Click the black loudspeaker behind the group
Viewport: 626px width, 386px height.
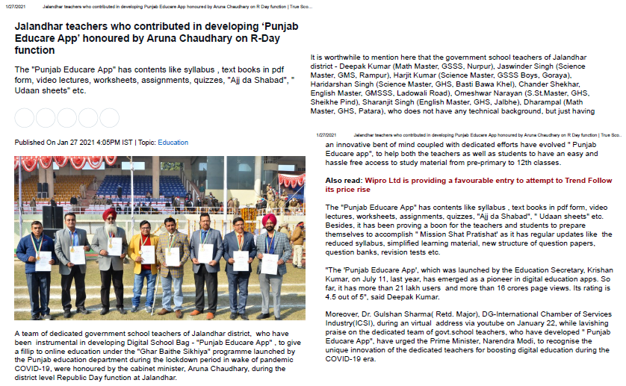click(53, 217)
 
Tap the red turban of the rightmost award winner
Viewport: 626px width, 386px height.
click(268, 219)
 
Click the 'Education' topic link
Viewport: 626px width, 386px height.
click(173, 142)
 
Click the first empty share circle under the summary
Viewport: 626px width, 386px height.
click(25, 118)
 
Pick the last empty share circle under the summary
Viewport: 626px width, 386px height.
click(109, 118)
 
